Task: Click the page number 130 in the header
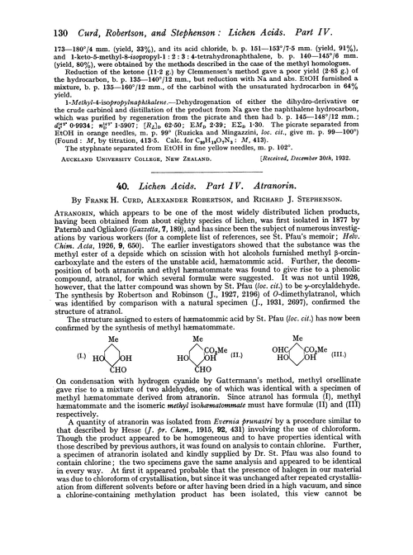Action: [x=12, y=11]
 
